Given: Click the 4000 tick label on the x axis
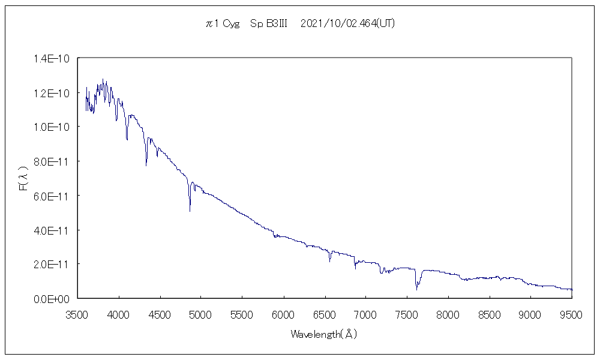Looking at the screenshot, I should point(119,313).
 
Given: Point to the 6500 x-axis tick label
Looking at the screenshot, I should point(325,313).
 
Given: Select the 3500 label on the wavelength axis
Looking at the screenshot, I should point(77,313).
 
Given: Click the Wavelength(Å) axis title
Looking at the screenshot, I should point(324,334).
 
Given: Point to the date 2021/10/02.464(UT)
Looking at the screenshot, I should point(347,24).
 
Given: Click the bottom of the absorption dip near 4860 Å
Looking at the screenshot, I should point(190,211).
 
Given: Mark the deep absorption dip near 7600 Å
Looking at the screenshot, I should point(416,289).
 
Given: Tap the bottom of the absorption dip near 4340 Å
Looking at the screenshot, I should point(146,165).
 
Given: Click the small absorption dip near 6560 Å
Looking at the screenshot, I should point(329,261).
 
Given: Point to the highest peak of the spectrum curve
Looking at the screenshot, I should point(103,79).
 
